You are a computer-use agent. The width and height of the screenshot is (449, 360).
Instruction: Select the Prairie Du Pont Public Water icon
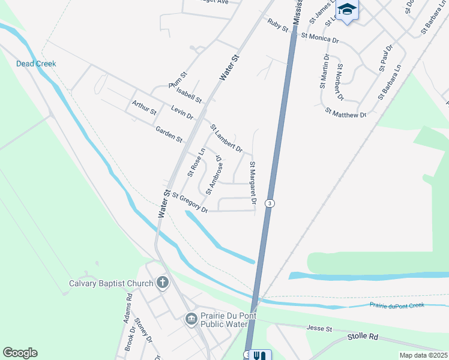tap(191, 317)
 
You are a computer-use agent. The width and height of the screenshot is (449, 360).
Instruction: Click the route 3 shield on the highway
tap(271, 204)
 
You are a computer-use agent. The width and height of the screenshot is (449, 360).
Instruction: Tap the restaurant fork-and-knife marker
tap(260, 355)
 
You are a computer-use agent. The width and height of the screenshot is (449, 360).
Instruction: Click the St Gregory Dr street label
tap(190, 202)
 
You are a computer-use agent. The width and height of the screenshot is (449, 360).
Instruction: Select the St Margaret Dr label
tap(253, 183)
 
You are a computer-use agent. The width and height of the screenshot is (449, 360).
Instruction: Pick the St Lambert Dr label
tap(226, 138)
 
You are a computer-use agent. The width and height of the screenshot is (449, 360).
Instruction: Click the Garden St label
tap(169, 134)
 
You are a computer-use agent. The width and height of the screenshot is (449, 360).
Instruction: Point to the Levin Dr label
tap(182, 112)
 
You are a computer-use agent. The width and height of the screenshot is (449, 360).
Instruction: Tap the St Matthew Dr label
tap(346, 112)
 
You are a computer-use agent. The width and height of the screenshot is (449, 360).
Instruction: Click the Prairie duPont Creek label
tap(397, 305)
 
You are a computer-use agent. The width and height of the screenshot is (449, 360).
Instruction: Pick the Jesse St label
tap(319, 328)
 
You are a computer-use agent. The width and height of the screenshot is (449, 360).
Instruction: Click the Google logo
tap(20, 353)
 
